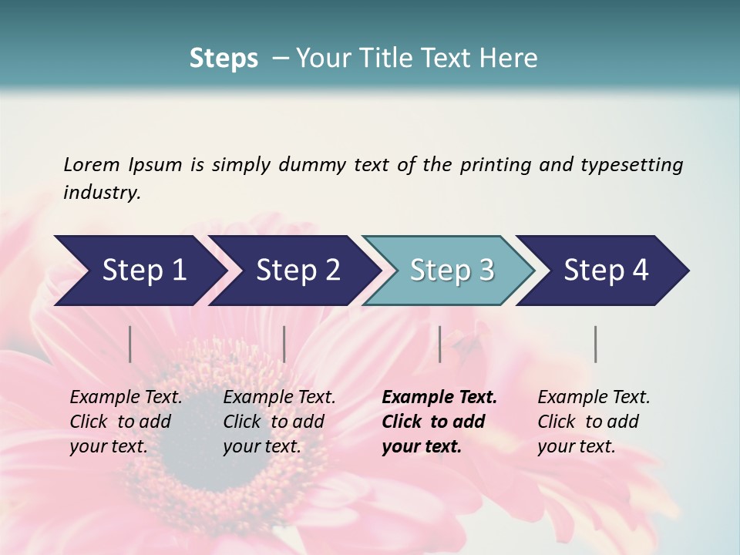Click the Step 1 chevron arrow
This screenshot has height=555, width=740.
tap(139, 271)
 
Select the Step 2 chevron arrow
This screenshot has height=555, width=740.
tap(293, 271)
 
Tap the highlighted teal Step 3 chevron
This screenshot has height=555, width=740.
tap(447, 271)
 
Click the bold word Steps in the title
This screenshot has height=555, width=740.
tap(224, 58)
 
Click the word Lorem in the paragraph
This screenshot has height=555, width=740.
tap(91, 164)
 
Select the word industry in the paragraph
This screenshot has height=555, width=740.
tap(101, 192)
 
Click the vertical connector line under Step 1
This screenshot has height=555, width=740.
tap(130, 344)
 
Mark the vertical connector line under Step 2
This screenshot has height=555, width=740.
tap(284, 344)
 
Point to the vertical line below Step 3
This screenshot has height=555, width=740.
tap(440, 344)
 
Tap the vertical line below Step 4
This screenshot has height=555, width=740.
tap(596, 344)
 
